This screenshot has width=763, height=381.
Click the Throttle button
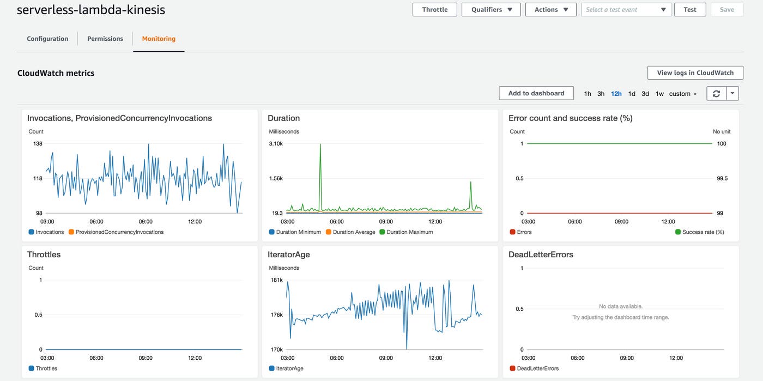pos(434,10)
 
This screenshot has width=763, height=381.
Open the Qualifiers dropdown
pos(491,10)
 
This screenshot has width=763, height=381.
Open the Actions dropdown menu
pos(550,10)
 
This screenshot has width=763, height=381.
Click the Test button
pos(689,10)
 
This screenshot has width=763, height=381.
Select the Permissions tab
pos(105,39)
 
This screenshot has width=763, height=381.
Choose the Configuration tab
pos(47,39)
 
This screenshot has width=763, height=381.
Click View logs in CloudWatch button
pos(695,72)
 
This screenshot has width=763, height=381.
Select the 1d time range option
pos(632,94)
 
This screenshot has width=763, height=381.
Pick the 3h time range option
pos(601,94)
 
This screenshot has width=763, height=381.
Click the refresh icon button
pos(716,94)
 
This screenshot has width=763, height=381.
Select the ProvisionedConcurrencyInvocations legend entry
pos(119,232)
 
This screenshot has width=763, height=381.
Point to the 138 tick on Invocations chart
pos(38,144)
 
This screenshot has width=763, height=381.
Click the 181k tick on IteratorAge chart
pos(277,280)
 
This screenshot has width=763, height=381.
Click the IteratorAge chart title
pos(289,255)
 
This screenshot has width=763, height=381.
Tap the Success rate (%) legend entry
pos(703,232)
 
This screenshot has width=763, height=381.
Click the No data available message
pos(620,306)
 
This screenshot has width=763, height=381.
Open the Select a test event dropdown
pos(626,10)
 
